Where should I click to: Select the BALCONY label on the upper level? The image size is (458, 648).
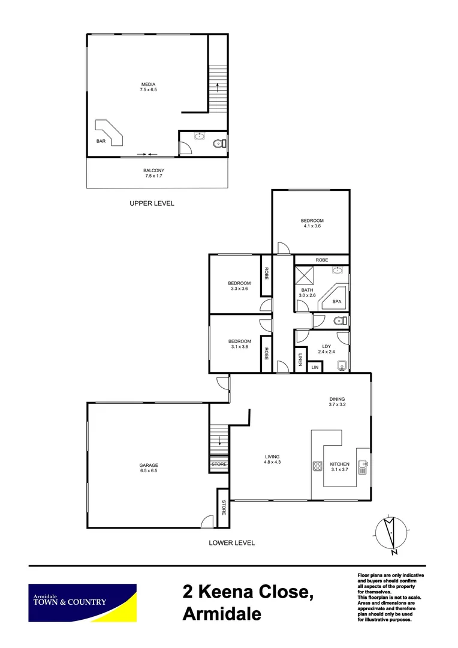(x=154, y=173)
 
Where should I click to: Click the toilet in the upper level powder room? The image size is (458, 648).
(x=219, y=143)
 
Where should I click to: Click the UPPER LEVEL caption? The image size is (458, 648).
(x=152, y=203)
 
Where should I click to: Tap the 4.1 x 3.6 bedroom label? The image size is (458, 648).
(x=312, y=223)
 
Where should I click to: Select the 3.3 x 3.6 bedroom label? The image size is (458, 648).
(x=239, y=286)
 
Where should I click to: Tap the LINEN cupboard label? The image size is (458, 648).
(x=300, y=359)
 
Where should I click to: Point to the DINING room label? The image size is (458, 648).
(x=337, y=401)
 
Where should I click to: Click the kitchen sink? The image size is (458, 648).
(x=363, y=466)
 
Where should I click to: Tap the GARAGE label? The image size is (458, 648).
(x=149, y=467)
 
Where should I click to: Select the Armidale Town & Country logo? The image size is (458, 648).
(x=83, y=602)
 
